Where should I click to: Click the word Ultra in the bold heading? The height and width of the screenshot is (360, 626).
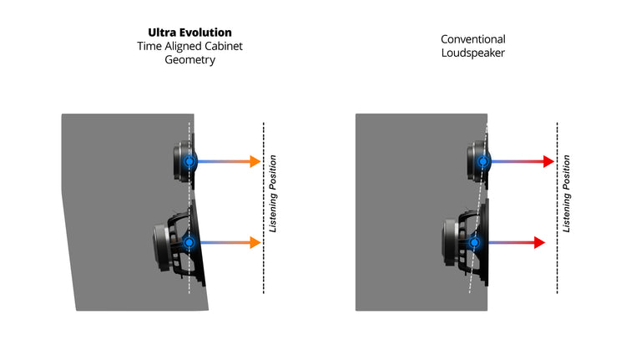click(x=162, y=33)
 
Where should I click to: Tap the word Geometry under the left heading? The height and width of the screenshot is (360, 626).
click(x=190, y=60)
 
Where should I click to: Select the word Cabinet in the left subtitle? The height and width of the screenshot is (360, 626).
click(x=223, y=46)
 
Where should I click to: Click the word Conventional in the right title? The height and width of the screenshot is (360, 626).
click(x=473, y=39)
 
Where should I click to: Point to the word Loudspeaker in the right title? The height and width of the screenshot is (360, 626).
click(x=473, y=53)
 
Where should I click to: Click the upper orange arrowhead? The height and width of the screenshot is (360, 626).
click(x=255, y=161)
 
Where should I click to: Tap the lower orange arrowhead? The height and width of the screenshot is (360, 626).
click(x=255, y=242)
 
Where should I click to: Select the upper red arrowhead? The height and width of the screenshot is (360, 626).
click(x=549, y=161)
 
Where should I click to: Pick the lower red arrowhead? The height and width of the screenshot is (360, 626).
click(x=540, y=242)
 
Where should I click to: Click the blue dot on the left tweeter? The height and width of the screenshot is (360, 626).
click(x=189, y=161)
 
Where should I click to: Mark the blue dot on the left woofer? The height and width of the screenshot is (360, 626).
click(x=189, y=242)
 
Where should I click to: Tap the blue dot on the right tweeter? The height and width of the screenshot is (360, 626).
click(x=483, y=161)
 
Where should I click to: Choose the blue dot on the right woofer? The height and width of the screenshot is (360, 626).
click(x=474, y=242)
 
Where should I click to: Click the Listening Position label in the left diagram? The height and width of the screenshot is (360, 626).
click(x=273, y=194)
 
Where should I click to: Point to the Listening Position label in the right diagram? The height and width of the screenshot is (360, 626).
click(x=567, y=194)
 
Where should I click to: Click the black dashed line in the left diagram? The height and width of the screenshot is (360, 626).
click(x=264, y=208)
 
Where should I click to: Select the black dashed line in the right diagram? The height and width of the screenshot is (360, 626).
click(x=558, y=208)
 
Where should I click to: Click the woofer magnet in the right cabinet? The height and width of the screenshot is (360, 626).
click(x=450, y=242)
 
